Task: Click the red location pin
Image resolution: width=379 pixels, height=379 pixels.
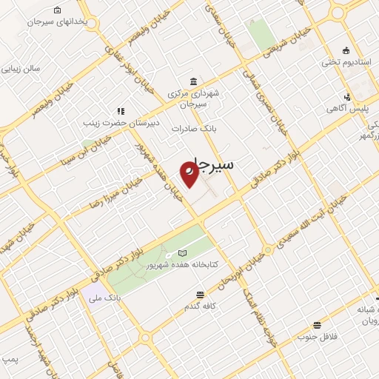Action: (x=189, y=174)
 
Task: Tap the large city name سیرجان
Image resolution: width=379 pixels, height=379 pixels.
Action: (x=210, y=164)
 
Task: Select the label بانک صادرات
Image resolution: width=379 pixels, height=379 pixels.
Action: (x=192, y=128)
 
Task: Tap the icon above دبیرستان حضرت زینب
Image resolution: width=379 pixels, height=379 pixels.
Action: (x=121, y=112)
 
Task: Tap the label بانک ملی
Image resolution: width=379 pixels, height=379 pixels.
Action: (x=104, y=298)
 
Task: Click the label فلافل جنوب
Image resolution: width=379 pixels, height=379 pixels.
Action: (x=318, y=337)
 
